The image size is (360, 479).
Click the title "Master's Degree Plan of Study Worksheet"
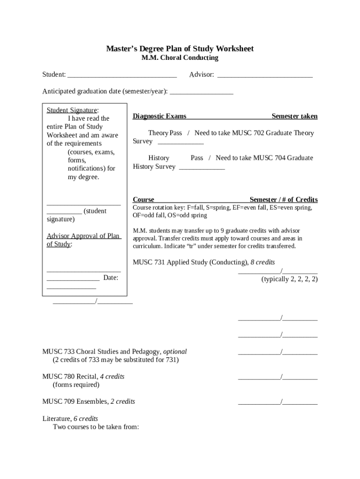[x=180, y=49]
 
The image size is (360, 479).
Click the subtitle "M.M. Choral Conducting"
[x=180, y=58]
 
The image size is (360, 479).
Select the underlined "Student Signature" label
[x=72, y=110]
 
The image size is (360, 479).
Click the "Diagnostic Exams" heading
[x=159, y=116]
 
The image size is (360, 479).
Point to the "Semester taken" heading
[x=295, y=116]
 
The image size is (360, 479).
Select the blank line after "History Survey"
[x=202, y=167]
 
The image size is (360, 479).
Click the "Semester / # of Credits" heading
[x=284, y=199]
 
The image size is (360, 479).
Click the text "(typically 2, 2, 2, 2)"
[x=289, y=279]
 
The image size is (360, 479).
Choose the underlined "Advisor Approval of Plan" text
[x=83, y=236]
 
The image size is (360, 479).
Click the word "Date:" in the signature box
[x=111, y=278]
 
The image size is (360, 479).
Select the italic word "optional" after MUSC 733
[x=175, y=351]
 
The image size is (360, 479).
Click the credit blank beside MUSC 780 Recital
[x=278, y=377]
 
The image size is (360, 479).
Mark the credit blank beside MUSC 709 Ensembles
[x=278, y=402]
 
